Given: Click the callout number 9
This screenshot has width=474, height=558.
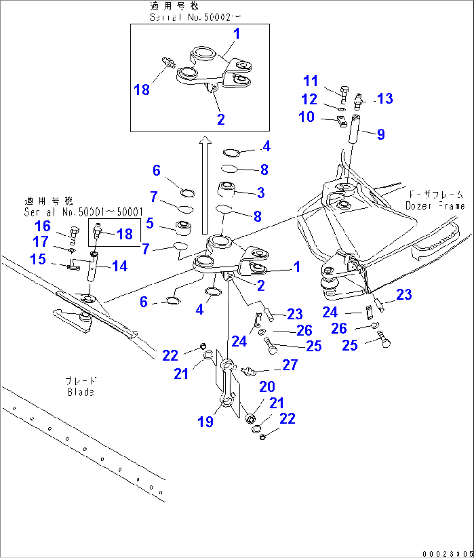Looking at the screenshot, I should click(381, 134).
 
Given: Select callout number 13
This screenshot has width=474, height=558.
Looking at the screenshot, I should click(385, 99).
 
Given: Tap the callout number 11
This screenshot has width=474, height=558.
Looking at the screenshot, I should click(311, 81).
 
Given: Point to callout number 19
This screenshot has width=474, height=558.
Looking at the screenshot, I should click(206, 421).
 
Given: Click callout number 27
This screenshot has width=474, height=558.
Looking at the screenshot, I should click(290, 364).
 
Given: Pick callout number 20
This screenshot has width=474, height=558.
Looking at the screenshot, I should click(267, 386).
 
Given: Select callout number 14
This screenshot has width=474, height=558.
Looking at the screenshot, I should click(120, 266).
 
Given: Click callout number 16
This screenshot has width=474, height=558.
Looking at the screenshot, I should click(43, 226).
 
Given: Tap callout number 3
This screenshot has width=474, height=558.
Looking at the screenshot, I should click(261, 193).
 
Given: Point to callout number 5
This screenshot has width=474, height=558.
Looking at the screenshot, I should click(150, 224).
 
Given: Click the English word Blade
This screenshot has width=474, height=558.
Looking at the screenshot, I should click(81, 392).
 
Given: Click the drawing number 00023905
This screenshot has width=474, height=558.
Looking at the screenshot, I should click(447, 553).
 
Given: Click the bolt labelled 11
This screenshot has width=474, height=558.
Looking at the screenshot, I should click(343, 93).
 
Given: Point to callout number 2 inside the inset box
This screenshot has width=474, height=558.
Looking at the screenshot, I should click(221, 119).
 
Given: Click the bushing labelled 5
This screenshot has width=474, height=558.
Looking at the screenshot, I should click(183, 227).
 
